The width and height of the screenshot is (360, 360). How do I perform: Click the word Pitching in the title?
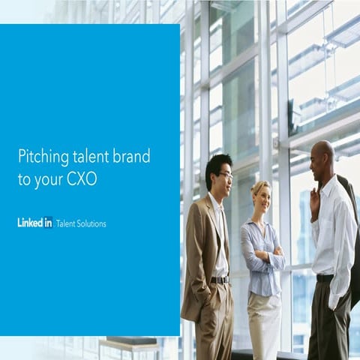click(x=41, y=157)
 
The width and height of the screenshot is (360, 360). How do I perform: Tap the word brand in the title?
click(x=131, y=156)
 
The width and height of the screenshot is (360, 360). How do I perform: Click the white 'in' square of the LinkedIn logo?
click(x=47, y=222)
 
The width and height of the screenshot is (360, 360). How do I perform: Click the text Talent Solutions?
click(x=81, y=223)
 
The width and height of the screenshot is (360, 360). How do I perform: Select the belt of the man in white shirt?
click(x=325, y=278)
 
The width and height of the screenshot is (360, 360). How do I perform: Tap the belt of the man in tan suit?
click(x=219, y=280)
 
